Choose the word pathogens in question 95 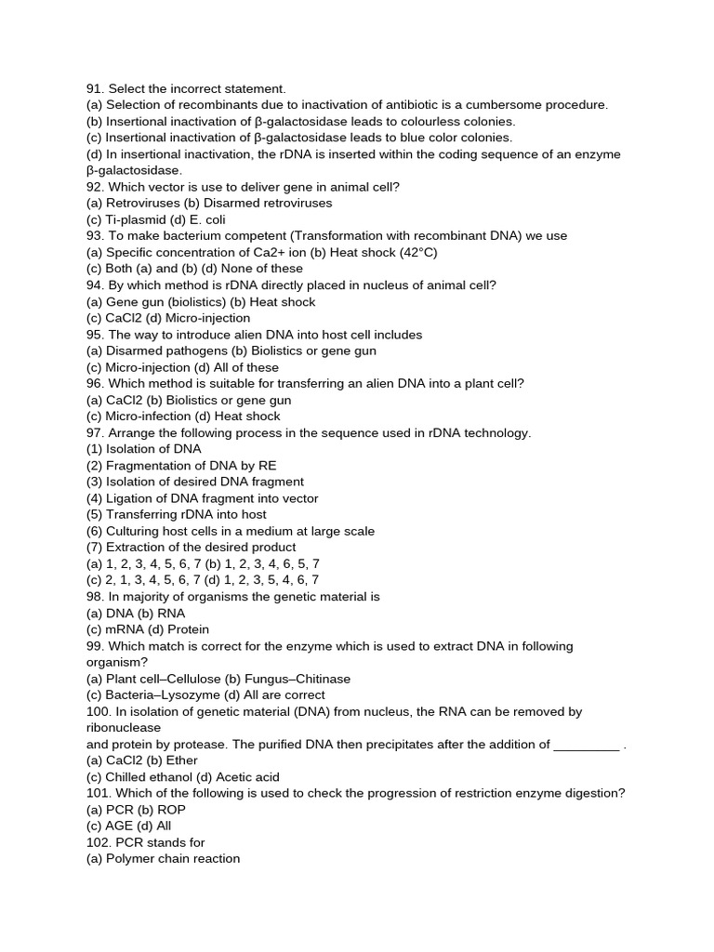(187, 350)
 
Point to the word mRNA (124, 629)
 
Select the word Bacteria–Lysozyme (163, 694)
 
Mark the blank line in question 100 (586, 745)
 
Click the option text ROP (171, 810)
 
